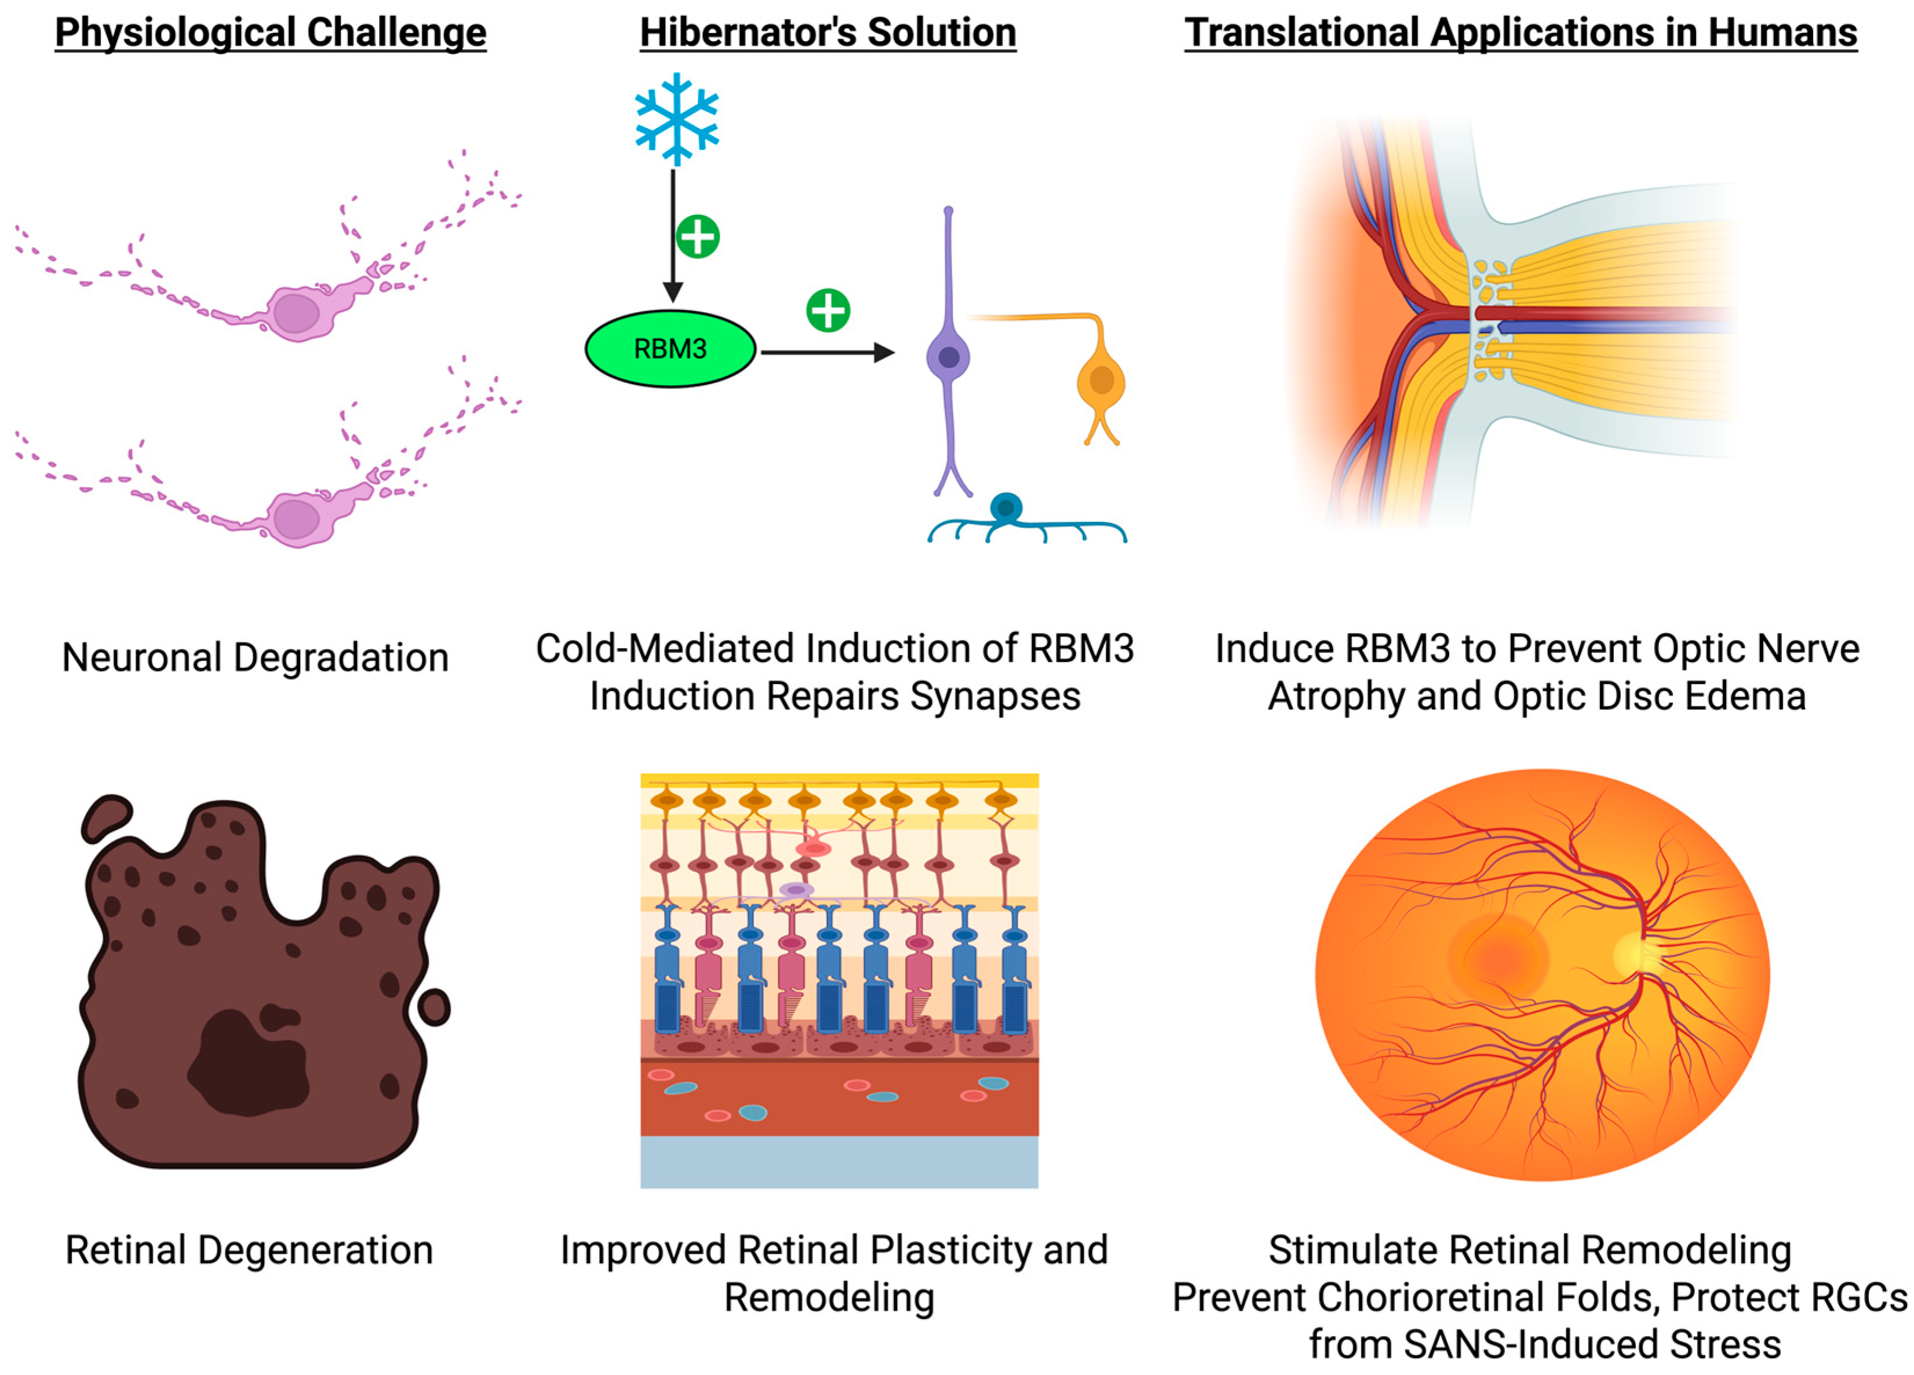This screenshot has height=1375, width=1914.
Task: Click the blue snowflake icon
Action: pos(676,119)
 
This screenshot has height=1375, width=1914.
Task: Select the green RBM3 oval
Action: pos(670,349)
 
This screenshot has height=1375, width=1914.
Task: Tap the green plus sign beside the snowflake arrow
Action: pos(698,236)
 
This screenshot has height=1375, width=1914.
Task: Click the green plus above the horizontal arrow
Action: pos(828,310)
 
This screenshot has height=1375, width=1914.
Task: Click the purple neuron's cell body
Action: pos(949,357)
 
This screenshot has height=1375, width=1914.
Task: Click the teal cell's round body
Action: pos(1006,508)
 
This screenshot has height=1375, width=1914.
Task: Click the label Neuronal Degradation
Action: pos(255,657)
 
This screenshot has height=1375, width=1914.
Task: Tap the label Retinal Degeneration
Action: pos(249,1250)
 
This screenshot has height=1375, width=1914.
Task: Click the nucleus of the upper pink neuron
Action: pos(296,312)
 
